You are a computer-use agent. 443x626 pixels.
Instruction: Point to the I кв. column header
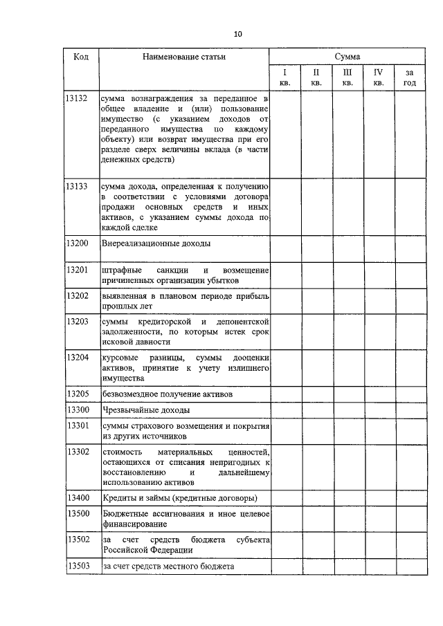pyautogui.click(x=284, y=77)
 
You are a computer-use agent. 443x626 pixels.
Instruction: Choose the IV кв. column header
pyautogui.click(x=378, y=77)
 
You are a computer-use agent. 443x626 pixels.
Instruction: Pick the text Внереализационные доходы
pyautogui.click(x=156, y=244)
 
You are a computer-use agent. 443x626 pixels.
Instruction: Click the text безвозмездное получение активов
pyautogui.click(x=167, y=394)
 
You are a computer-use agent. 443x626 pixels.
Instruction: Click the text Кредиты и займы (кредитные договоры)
pyautogui.click(x=180, y=498)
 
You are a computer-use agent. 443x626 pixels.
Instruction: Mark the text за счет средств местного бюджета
pyautogui.click(x=168, y=566)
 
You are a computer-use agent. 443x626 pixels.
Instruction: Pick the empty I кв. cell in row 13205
pyautogui.click(x=284, y=394)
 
